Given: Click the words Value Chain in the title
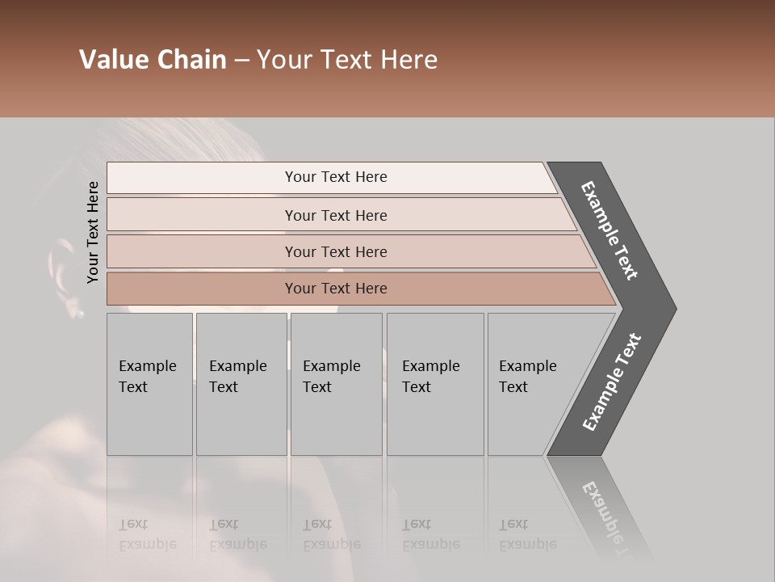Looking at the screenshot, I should (x=153, y=60).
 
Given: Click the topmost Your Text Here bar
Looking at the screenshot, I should (x=335, y=177).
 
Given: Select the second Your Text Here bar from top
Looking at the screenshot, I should (x=336, y=215).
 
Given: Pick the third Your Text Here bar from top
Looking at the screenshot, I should (x=336, y=251).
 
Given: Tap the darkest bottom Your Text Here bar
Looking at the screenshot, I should (x=336, y=289).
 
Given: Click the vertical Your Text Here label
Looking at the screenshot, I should (x=93, y=232).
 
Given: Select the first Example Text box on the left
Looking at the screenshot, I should (x=149, y=384).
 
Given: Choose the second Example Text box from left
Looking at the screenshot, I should (x=241, y=384).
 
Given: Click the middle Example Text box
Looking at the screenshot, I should (x=335, y=384).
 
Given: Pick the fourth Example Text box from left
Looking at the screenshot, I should (x=434, y=384).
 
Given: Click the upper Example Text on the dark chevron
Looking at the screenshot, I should (x=610, y=230).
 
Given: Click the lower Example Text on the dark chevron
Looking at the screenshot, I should (x=612, y=382).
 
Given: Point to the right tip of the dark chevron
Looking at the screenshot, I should (x=674, y=308).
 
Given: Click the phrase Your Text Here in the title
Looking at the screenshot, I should (x=347, y=60).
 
